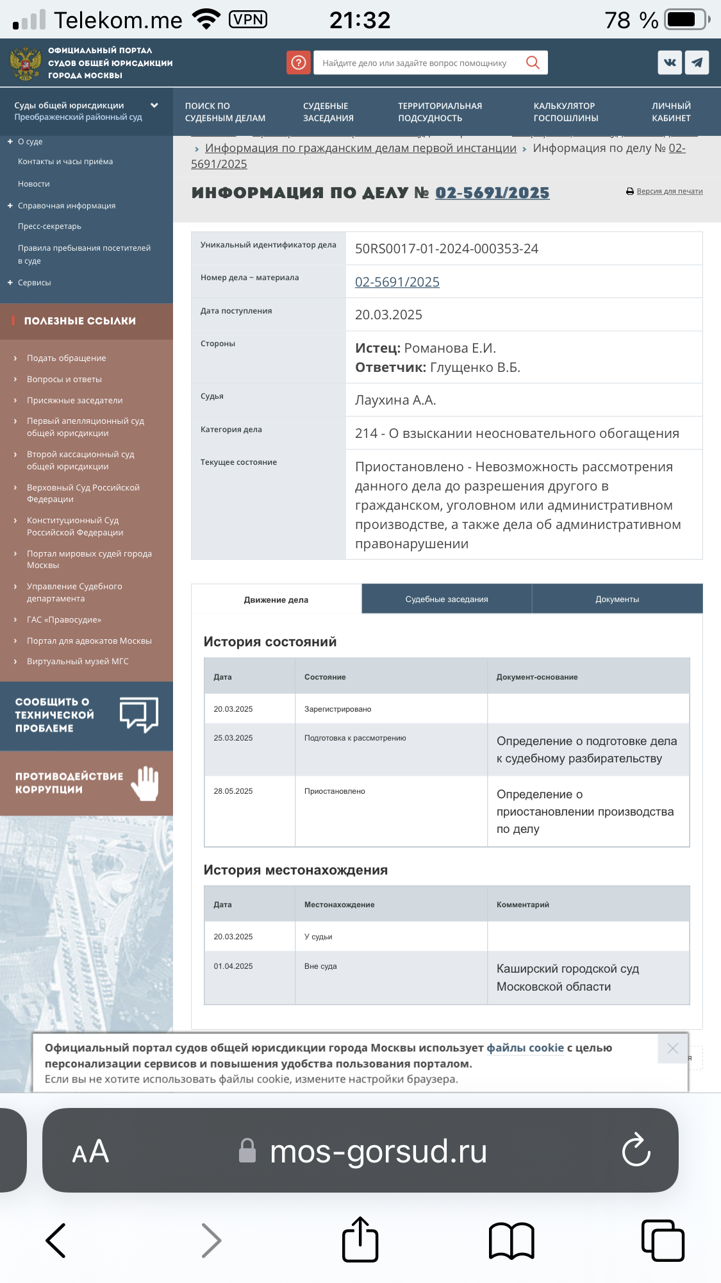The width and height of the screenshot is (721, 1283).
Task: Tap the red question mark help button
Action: tap(299, 62)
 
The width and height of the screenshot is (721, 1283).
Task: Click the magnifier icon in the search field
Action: tap(532, 62)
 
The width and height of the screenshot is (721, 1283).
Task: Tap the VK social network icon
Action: tap(670, 62)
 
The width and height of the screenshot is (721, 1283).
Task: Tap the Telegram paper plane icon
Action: tap(697, 62)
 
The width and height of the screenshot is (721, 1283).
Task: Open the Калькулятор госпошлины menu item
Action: tap(565, 112)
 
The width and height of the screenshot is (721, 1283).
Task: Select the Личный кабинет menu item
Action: tap(671, 112)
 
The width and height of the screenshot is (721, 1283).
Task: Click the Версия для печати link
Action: tap(669, 191)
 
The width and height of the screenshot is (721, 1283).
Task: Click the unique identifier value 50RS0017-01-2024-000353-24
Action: tap(446, 249)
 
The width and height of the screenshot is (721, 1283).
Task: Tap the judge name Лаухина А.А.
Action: tap(395, 400)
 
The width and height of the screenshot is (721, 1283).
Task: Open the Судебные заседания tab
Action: tap(447, 599)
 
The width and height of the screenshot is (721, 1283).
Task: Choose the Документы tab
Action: tap(617, 599)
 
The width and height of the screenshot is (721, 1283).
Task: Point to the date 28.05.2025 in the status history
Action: tap(233, 791)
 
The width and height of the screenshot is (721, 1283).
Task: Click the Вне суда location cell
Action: tap(320, 966)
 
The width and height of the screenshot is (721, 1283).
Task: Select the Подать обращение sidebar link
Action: tap(66, 358)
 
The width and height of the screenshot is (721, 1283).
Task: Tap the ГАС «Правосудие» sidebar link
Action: tap(64, 620)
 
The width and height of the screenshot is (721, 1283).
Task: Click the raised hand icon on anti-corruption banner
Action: tap(145, 783)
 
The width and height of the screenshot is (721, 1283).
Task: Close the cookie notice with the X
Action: tap(672, 1048)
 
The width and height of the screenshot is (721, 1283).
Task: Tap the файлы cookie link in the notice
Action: tap(525, 1048)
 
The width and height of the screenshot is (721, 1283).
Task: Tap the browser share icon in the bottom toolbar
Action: tap(360, 1239)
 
